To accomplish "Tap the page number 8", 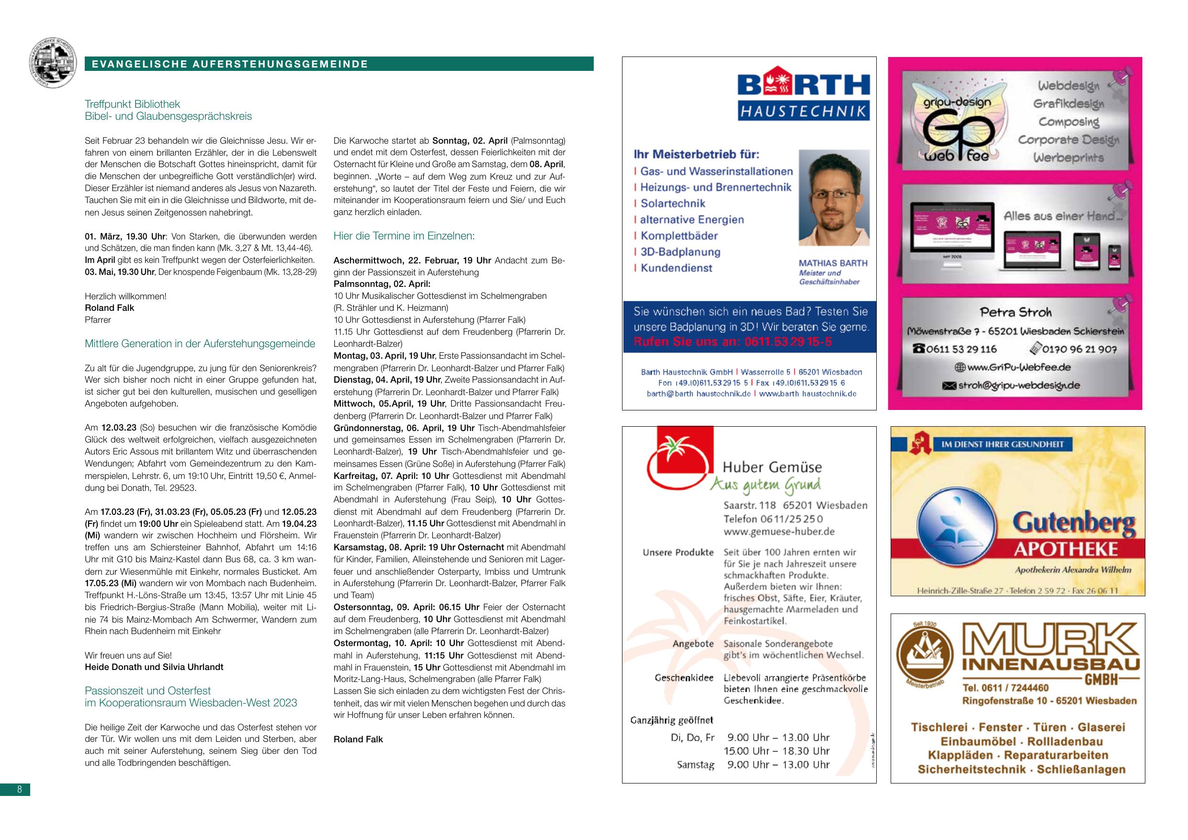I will pyautogui.click(x=19, y=789).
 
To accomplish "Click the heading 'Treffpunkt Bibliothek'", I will pyautogui.click(x=133, y=104).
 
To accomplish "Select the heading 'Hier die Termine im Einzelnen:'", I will pyautogui.click(x=404, y=236).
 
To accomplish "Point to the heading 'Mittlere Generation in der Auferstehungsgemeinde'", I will pyautogui.click(x=200, y=344).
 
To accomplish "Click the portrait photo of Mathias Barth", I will pyautogui.click(x=834, y=198).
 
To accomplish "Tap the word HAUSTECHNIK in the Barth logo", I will pyautogui.click(x=803, y=111).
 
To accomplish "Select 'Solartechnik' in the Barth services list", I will pyautogui.click(x=673, y=204).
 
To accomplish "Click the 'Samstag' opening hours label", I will pyautogui.click(x=695, y=764).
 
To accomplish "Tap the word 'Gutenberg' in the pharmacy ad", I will pyautogui.click(x=1074, y=524).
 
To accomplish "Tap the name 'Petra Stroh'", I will pyautogui.click(x=1016, y=312).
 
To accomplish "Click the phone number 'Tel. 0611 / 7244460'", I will pyautogui.click(x=1006, y=688).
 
